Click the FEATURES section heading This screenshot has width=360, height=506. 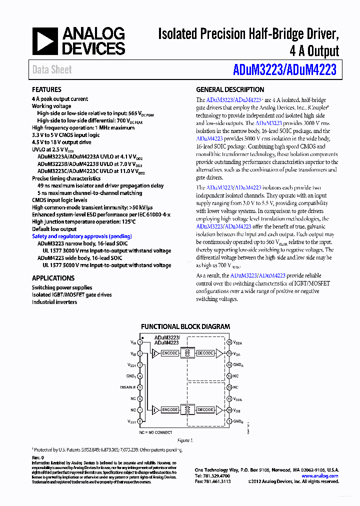(x=46, y=89)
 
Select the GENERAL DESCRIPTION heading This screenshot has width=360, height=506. (x=230, y=89)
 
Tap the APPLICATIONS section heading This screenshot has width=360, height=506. (x=53, y=278)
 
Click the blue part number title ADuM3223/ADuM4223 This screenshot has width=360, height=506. (x=284, y=69)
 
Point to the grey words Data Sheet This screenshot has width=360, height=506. (x=52, y=69)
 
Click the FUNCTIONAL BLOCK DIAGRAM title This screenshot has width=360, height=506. (x=185, y=326)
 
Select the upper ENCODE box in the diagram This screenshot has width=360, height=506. (x=170, y=353)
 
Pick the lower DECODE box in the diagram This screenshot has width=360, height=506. (x=205, y=409)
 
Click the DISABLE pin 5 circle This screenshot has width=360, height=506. (x=140, y=387)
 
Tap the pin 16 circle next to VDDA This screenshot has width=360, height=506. (x=229, y=342)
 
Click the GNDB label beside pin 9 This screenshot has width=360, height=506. (x=238, y=421)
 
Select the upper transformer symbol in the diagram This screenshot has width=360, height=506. (x=187, y=353)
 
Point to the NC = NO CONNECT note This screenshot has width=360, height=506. (x=155, y=432)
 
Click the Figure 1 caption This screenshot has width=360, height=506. (x=184, y=440)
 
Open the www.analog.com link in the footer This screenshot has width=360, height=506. (x=319, y=476)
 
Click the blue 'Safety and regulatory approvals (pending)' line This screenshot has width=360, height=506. (x=82, y=236)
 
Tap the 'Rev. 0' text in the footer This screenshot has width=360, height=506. (x=38, y=457)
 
